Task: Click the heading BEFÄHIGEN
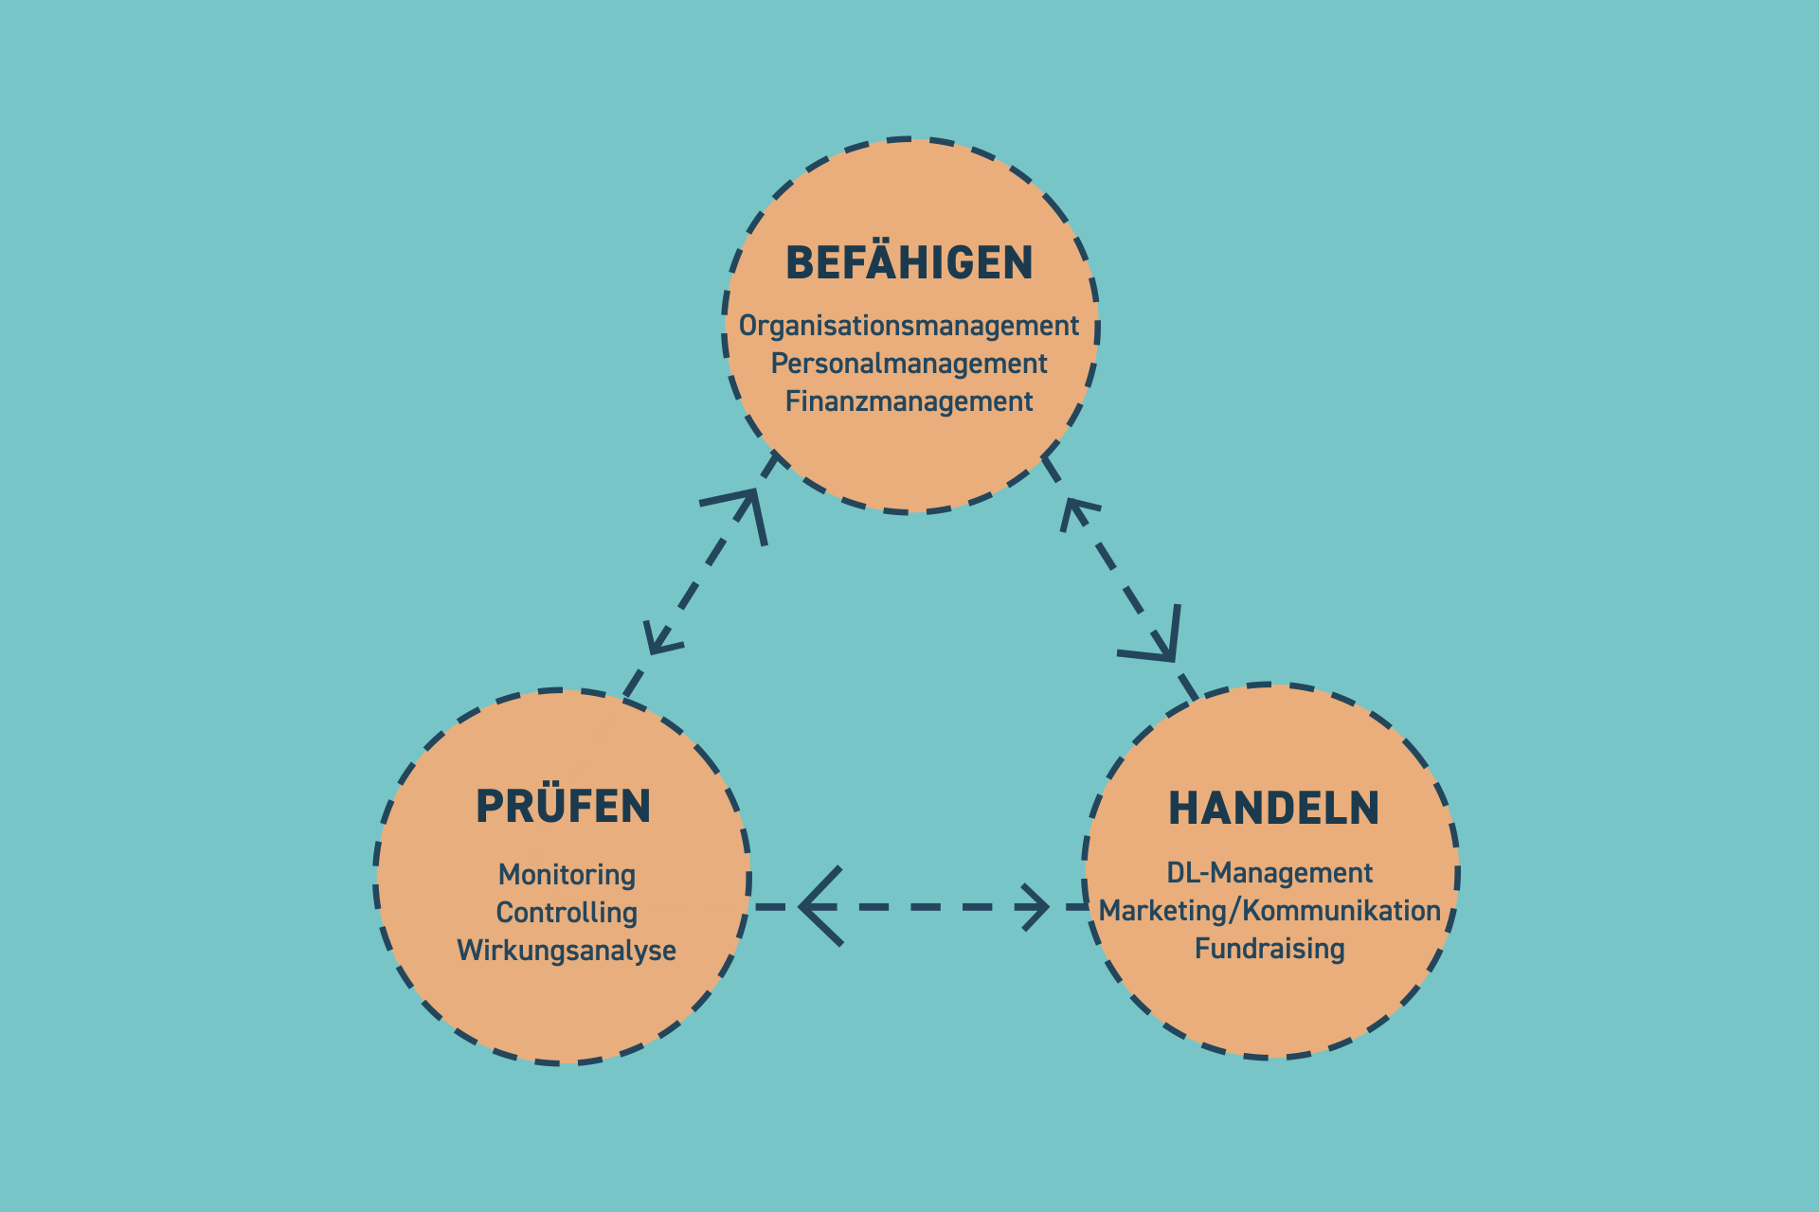[x=909, y=263]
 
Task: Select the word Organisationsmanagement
[x=909, y=326]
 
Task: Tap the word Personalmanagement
[x=909, y=364]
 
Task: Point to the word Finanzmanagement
[x=909, y=401]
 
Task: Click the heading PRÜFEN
[x=563, y=807]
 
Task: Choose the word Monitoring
[x=567, y=874]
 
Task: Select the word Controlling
[x=567, y=912]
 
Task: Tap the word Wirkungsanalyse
[x=567, y=950]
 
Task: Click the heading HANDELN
[x=1273, y=809]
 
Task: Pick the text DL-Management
[x=1270, y=872]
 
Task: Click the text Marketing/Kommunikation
[x=1270, y=910]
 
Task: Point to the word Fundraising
[x=1270, y=948]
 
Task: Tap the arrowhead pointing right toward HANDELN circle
[x=1035, y=907]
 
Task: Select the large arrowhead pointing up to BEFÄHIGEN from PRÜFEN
[x=743, y=511]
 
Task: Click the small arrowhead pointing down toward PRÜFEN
[x=659, y=639]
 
